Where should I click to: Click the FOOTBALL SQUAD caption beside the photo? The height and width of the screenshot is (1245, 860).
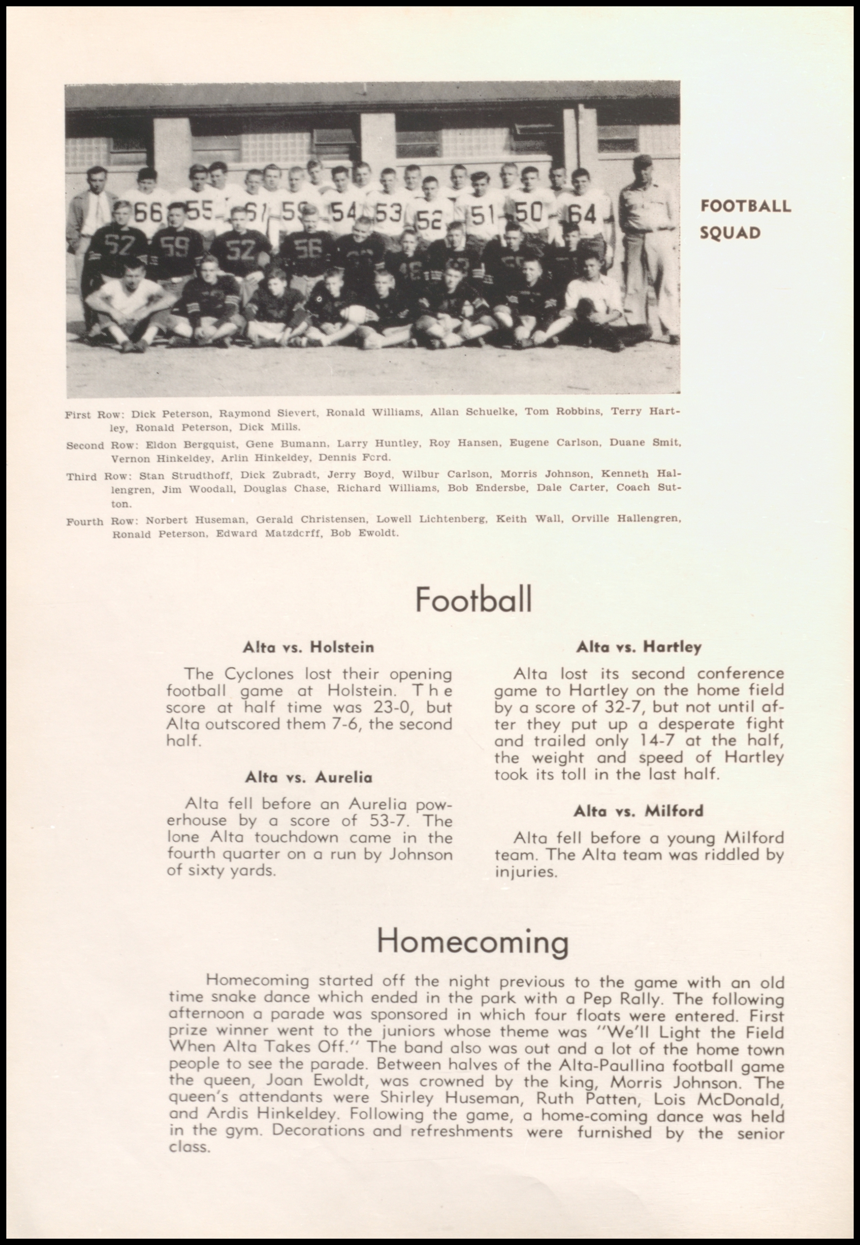click(x=745, y=219)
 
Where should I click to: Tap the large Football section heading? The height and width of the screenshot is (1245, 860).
click(x=473, y=599)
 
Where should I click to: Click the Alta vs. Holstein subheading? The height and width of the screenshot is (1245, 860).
click(x=308, y=647)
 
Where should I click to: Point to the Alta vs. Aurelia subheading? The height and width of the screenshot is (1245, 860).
click(x=308, y=777)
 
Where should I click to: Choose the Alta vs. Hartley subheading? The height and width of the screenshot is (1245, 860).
click(x=639, y=647)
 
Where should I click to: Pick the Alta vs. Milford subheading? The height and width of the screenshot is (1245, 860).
click(x=639, y=811)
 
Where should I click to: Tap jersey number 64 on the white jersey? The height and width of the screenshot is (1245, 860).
click(x=583, y=215)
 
